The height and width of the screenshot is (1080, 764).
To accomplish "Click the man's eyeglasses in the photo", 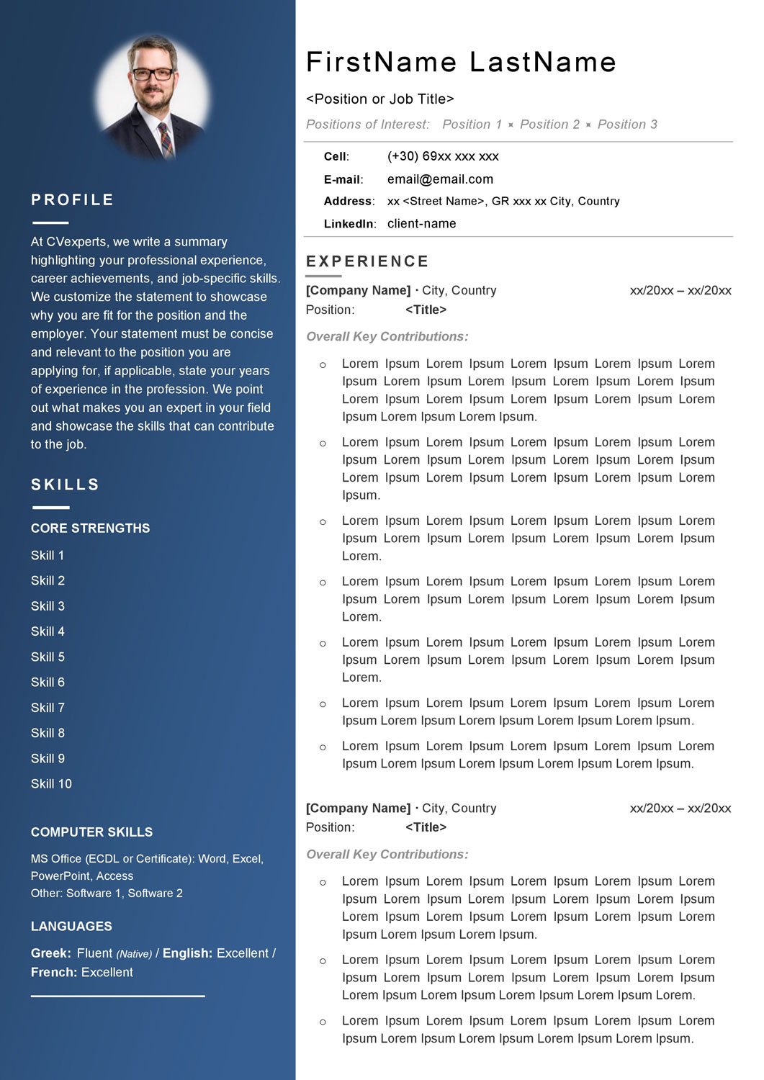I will pos(153,73).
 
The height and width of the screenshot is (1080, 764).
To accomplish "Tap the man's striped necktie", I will pos(166,138).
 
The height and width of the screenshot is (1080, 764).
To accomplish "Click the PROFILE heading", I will pos(72,200).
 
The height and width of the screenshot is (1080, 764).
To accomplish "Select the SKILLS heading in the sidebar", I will pos(65,485).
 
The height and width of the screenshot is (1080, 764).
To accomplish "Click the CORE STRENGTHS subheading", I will pos(90,528).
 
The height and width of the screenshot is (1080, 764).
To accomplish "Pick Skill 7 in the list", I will pos(48,708).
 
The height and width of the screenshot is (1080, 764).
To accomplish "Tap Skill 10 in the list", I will pos(51,784).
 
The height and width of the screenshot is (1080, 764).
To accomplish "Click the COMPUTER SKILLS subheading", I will pos(91,832).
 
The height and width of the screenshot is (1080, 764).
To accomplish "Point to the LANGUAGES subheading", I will pos(71,927).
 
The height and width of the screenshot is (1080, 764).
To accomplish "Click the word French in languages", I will pos(53,973).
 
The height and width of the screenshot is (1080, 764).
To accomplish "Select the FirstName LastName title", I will pos(461,63).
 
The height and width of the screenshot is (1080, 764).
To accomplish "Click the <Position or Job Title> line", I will pos(379,99).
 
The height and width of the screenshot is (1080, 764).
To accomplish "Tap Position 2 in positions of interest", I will pos(549,125).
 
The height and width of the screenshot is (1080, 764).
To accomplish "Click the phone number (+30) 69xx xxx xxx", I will pos(443,156).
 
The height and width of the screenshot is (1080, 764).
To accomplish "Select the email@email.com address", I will pos(440,179).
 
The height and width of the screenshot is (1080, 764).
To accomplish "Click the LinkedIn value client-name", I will pos(421,224).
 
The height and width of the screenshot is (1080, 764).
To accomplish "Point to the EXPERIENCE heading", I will pos(367,261).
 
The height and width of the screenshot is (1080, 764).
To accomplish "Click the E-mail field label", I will pos(343,180).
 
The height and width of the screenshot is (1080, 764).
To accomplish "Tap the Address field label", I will pos(349,202).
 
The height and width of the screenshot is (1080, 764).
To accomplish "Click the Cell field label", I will pos(336,157).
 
